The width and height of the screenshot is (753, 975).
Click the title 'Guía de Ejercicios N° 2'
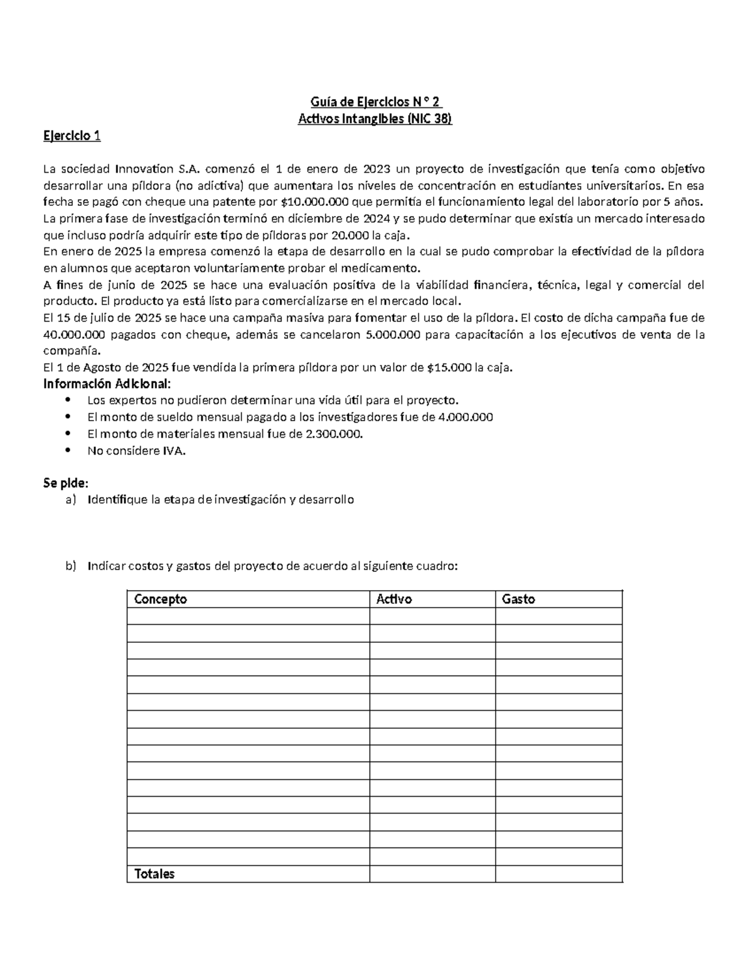click(376, 102)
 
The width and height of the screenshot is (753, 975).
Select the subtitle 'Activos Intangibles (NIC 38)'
click(375, 119)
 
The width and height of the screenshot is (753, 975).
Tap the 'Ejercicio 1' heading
click(72, 136)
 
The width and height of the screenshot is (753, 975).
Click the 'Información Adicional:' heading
click(106, 384)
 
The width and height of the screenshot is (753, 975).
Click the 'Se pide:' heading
click(66, 483)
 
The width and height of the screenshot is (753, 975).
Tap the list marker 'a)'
click(70, 500)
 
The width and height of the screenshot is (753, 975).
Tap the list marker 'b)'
click(70, 566)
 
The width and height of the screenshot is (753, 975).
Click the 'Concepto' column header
click(161, 600)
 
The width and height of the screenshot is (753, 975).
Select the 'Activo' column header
click(393, 600)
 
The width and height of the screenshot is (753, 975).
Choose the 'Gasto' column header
click(518, 600)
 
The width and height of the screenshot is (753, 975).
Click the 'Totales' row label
click(154, 874)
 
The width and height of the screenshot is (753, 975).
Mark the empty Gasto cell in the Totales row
click(558, 874)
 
